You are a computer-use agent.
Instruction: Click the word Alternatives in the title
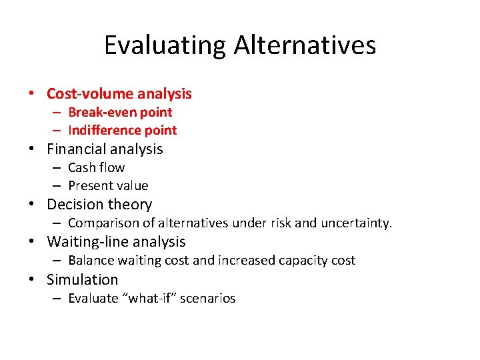[x=305, y=45]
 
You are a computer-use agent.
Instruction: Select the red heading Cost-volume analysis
[x=119, y=94]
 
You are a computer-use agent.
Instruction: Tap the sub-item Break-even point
[x=120, y=112]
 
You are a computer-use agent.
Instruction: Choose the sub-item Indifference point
[x=123, y=130]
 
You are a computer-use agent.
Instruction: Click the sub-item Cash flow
[x=97, y=167]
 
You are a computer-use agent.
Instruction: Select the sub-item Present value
[x=108, y=185]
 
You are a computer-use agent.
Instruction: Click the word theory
[x=131, y=205]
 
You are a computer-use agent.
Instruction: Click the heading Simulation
[x=83, y=279]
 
